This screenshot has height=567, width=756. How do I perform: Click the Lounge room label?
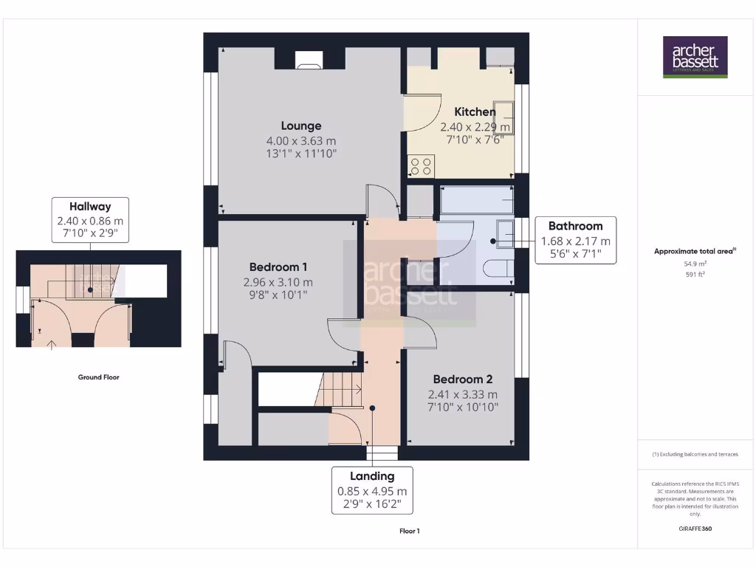[300, 126]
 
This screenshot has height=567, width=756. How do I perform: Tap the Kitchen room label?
[475, 111]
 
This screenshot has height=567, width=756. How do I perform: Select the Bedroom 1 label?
[278, 267]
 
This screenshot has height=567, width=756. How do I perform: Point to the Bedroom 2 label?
[462, 379]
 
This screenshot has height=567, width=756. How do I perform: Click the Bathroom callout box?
[576, 240]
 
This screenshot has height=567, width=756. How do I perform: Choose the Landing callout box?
[372, 490]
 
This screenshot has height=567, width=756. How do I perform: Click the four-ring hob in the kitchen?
[422, 166]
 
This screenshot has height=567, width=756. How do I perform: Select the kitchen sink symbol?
[504, 118]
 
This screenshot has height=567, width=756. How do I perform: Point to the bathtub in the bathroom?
[476, 199]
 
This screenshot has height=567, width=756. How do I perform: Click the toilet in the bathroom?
[496, 269]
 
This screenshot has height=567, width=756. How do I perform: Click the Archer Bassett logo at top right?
[695, 57]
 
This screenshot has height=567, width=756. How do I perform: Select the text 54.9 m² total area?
[695, 264]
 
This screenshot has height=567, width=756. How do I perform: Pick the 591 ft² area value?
[695, 275]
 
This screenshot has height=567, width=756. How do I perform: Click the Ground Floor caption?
[99, 377]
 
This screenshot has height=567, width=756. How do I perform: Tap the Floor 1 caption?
[409, 531]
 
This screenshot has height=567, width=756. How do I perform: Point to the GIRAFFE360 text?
[695, 529]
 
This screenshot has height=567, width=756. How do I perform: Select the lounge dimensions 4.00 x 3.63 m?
[300, 141]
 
